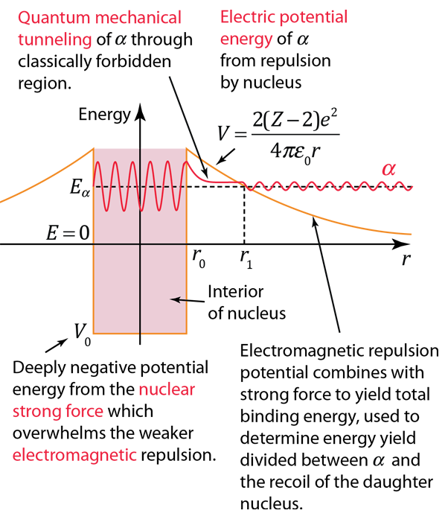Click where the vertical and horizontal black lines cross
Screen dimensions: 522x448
(x=140, y=244)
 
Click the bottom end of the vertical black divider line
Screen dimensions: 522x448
(x=140, y=332)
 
